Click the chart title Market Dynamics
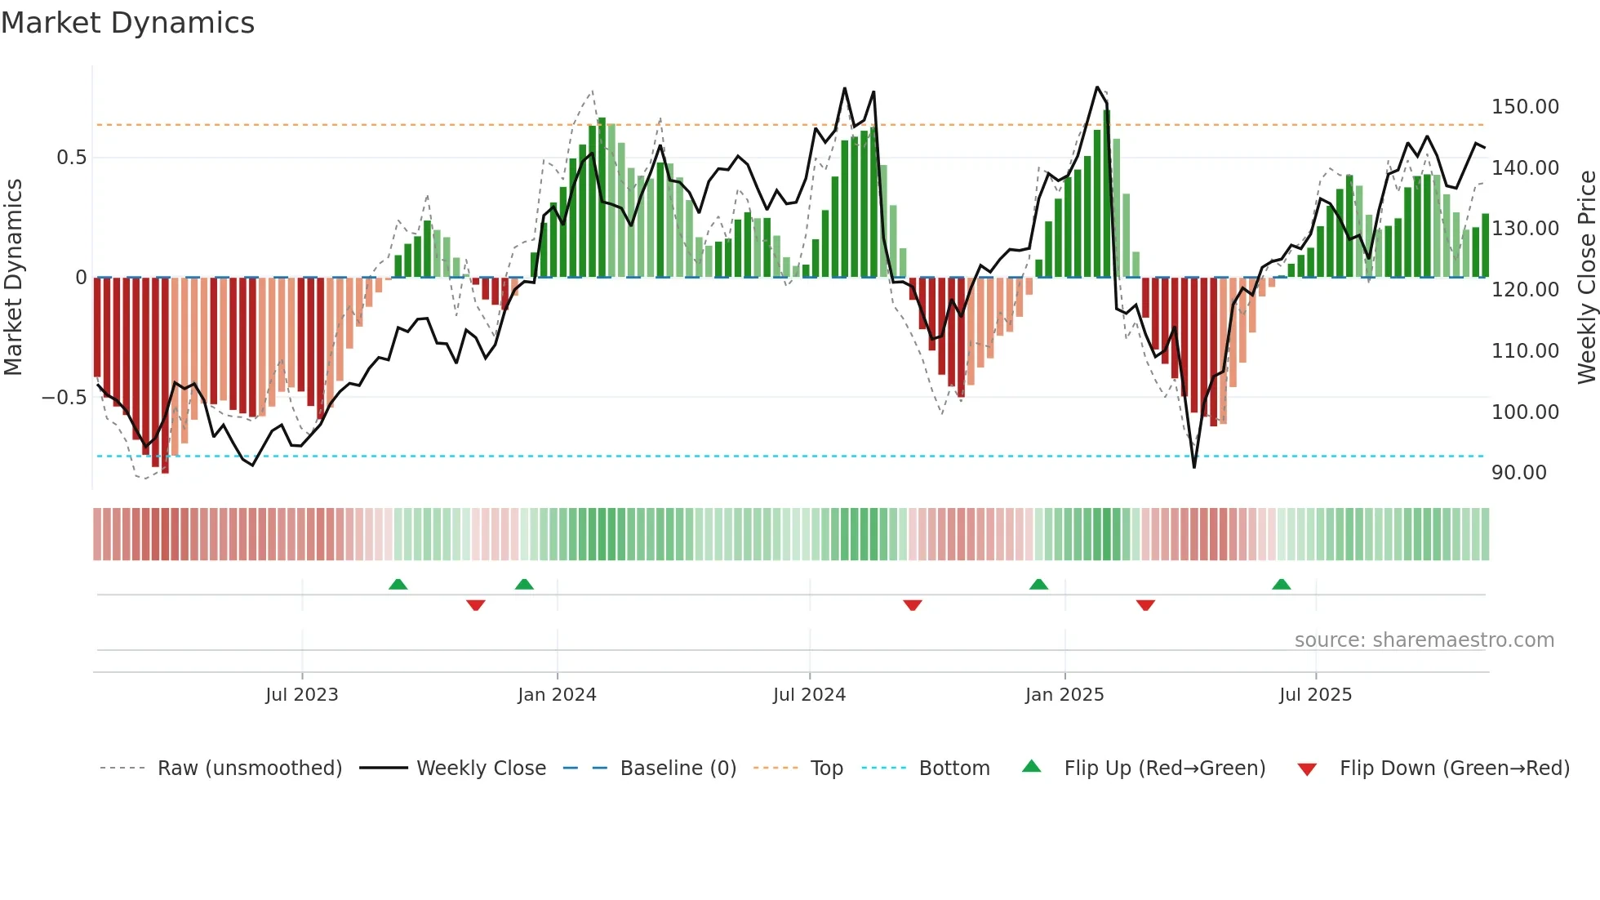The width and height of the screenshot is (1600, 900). click(127, 23)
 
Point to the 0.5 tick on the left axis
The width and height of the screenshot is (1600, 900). click(71, 158)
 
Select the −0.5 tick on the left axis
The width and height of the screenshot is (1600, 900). click(64, 398)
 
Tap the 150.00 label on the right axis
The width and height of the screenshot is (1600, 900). click(1525, 107)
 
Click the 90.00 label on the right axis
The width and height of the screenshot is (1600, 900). click(1518, 473)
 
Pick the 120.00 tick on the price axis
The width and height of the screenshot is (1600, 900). click(1525, 290)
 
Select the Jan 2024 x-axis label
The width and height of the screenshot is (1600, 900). click(557, 695)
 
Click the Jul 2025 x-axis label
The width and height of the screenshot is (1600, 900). click(1315, 695)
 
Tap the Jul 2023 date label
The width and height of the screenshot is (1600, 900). click(301, 695)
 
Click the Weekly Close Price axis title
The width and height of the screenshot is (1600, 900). click(1586, 278)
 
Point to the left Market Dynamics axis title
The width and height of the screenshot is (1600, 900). click(13, 278)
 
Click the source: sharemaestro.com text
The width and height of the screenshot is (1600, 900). click(1424, 640)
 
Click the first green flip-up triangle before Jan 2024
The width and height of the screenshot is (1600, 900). click(398, 585)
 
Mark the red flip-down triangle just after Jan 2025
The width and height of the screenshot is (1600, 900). click(1145, 605)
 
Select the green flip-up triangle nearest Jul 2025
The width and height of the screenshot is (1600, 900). click(1281, 585)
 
